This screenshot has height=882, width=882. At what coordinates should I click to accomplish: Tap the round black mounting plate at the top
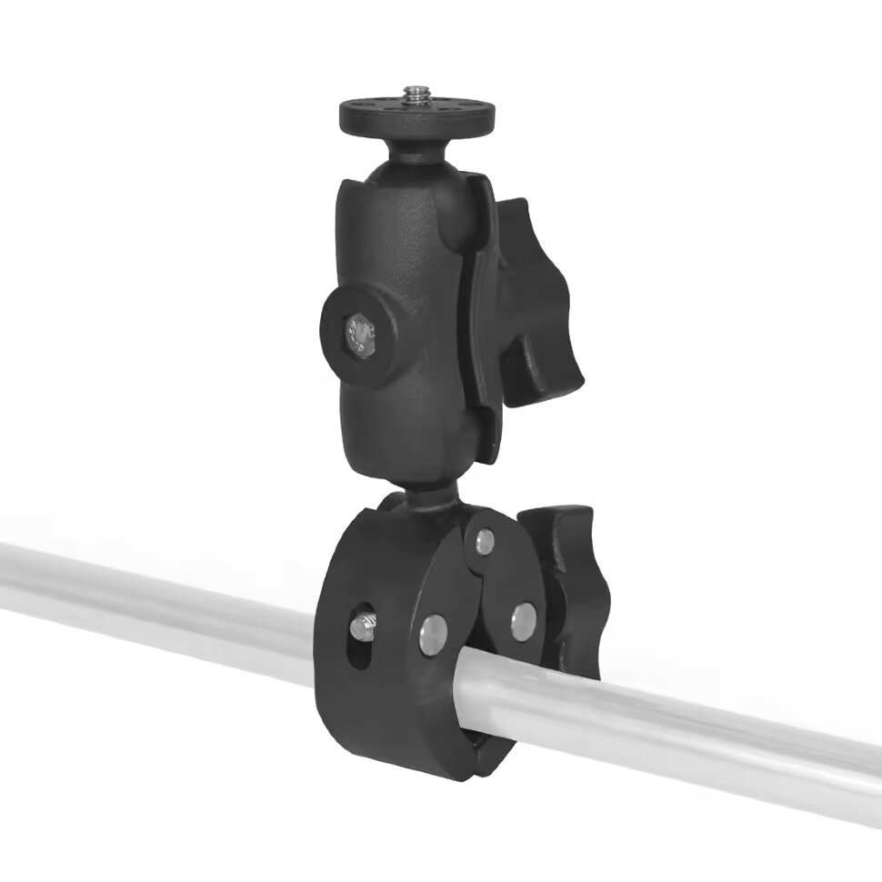coord(373,114)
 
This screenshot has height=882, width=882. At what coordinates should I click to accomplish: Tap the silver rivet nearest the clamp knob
coord(523,623)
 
